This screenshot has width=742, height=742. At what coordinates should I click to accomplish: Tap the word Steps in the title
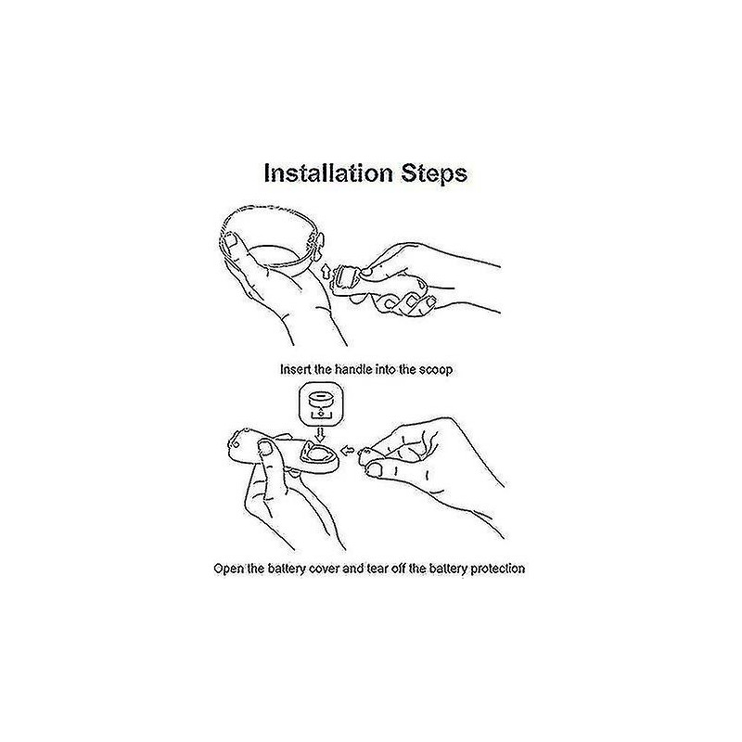pyautogui.click(x=434, y=174)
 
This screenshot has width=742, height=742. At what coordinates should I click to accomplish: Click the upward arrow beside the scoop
pyautogui.click(x=326, y=272)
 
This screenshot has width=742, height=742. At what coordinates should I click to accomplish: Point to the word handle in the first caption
pyautogui.click(x=353, y=369)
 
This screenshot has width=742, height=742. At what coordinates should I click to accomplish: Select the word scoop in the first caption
pyautogui.click(x=435, y=369)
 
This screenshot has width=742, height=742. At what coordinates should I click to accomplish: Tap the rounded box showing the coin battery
pyautogui.click(x=321, y=405)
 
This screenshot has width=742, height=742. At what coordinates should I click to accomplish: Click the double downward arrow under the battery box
pyautogui.click(x=321, y=435)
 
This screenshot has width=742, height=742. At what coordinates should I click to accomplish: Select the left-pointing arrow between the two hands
pyautogui.click(x=348, y=450)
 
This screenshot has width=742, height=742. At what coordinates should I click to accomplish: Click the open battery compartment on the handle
pyautogui.click(x=316, y=454)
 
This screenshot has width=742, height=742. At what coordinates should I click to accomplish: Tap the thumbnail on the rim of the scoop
pyautogui.click(x=231, y=242)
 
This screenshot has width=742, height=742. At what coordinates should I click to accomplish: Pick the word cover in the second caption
pyautogui.click(x=323, y=569)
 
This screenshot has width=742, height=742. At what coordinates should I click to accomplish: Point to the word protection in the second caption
pyautogui.click(x=497, y=569)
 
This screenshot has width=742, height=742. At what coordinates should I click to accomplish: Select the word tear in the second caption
pyautogui.click(x=377, y=569)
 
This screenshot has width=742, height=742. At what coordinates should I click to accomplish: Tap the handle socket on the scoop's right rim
pyautogui.click(x=315, y=245)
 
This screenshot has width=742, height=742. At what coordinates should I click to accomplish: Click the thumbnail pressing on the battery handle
pyautogui.click(x=266, y=447)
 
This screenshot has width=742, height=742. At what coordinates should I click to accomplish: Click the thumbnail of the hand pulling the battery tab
pyautogui.click(x=376, y=470)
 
